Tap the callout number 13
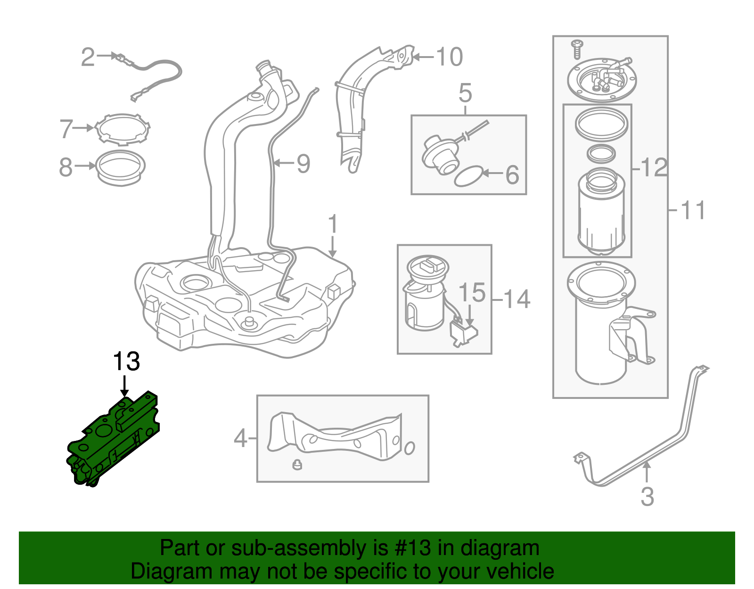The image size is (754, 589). click(126, 362)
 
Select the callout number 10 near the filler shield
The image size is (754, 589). click(450, 57)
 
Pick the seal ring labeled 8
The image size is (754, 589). click(121, 168)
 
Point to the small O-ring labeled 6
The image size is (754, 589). click(468, 176)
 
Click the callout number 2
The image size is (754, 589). click(88, 57)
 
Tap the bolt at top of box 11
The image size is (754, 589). click(577, 49)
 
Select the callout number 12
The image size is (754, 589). click(655, 167)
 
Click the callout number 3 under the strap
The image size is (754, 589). click(647, 497)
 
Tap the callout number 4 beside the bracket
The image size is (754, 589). click(240, 439)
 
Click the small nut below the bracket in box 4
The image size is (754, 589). click(297, 465)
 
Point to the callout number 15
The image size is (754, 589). click(472, 292)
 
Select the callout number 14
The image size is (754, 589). click(517, 299)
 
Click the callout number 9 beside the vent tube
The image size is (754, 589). click(303, 164)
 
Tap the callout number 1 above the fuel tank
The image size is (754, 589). click(333, 224)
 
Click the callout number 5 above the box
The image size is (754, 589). click(465, 93)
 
